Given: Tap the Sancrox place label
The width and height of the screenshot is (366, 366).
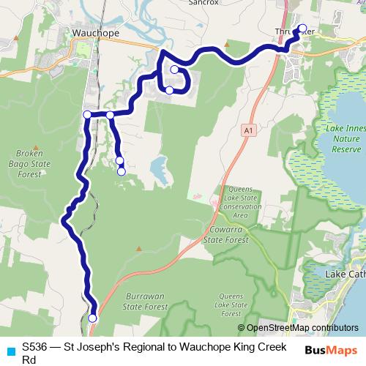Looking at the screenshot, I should [204, 3].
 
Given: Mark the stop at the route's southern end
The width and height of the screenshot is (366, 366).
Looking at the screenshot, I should [92, 318].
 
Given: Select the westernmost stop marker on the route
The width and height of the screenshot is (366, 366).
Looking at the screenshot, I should [87, 114].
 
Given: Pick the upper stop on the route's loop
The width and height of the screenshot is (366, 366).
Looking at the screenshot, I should [174, 70].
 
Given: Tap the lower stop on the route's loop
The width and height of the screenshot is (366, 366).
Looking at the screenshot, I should [169, 90].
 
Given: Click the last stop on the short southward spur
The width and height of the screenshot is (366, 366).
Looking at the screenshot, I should [121, 171].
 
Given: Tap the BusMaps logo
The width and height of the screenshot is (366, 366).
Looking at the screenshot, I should [332, 350].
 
